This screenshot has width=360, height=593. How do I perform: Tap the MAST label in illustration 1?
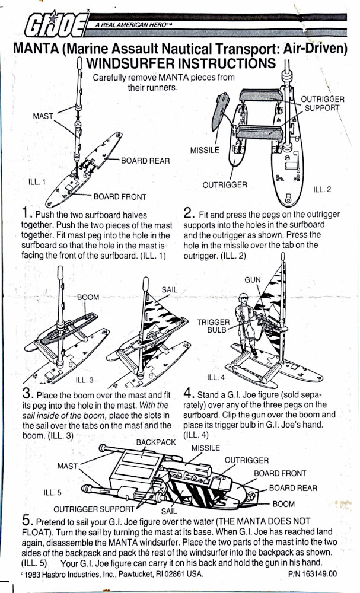[43, 116]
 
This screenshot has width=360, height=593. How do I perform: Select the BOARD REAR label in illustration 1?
[145, 160]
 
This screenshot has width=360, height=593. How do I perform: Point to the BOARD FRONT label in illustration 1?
[120, 196]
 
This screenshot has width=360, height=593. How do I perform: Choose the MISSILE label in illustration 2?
[205, 150]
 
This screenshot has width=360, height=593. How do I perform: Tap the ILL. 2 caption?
[321, 190]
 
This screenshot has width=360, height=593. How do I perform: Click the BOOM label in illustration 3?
[88, 296]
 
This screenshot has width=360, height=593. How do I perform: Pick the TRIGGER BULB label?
[214, 326]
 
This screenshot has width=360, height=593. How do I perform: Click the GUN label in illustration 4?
[252, 279]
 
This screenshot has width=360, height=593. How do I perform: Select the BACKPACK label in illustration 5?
[156, 442]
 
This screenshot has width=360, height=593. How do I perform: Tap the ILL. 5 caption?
[53, 492]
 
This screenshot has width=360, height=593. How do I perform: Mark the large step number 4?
[187, 393]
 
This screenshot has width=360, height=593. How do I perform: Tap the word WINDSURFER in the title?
[136, 63]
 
